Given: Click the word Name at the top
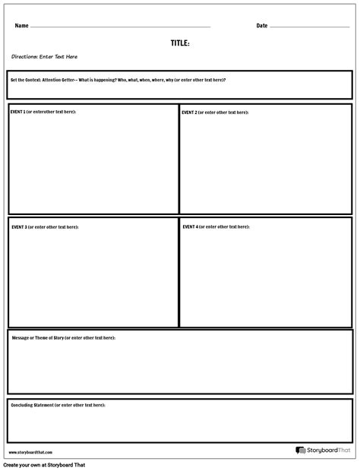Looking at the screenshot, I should (x=21, y=26).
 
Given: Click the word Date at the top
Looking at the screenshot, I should (x=262, y=26).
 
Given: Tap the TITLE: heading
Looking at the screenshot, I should (x=180, y=43).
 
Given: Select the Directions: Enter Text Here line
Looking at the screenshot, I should (x=44, y=57).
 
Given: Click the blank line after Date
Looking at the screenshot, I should (x=309, y=27).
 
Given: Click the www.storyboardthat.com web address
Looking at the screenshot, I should (x=26, y=452).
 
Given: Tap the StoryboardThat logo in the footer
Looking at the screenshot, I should (x=324, y=450).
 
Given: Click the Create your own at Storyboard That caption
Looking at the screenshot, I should (x=44, y=465).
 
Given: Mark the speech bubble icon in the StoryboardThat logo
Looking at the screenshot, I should (x=301, y=450).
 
